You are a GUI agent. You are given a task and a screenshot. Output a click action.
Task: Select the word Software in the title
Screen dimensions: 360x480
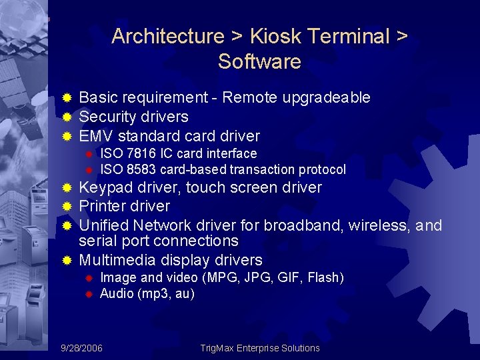point(259,62)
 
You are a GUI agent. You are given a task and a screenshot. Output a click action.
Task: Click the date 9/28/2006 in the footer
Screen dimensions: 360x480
point(81,348)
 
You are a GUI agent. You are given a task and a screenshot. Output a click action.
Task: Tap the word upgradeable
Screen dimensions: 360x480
point(327,98)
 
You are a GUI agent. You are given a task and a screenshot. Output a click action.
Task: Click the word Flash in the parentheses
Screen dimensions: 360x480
point(323,277)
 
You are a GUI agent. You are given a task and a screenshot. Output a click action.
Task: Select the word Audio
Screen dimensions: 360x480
point(116,293)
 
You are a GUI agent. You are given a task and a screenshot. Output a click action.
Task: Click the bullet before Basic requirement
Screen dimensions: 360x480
point(67,98)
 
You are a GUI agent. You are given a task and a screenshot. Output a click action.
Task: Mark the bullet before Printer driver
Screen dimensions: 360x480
point(67,207)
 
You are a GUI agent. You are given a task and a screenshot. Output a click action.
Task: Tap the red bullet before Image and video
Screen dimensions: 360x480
point(87,278)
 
